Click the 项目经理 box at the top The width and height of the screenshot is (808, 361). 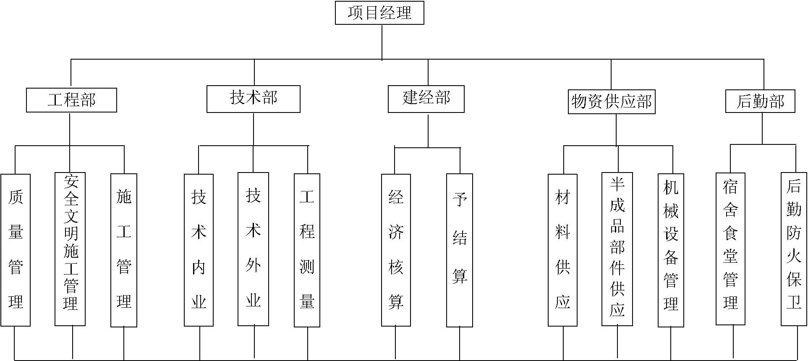tap(379, 13)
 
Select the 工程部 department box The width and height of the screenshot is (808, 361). tap(71, 100)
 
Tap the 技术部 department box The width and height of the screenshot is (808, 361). tap(254, 99)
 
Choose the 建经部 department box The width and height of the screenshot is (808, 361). tap(426, 99)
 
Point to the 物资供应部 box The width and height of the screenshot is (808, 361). tap(612, 102)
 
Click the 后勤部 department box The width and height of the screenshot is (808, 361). tap(760, 102)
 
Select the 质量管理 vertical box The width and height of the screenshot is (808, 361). tap(16, 250)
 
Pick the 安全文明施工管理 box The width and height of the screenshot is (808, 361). tap(70, 249)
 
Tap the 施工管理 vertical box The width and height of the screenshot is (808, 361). tap(124, 250)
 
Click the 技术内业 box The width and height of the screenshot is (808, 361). tap(199, 250)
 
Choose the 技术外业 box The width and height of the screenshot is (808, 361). tap(253, 249)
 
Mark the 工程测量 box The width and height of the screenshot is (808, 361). tap(307, 250)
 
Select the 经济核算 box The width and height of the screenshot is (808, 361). tap(396, 250)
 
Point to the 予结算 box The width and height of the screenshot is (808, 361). tap(460, 250)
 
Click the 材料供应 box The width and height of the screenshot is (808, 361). tap(562, 250)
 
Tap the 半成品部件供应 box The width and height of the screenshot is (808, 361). tap(617, 249)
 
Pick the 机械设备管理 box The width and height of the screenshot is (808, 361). tap(671, 250)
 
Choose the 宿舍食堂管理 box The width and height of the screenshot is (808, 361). tap(730, 249)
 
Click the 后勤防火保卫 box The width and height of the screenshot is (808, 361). tap(794, 249)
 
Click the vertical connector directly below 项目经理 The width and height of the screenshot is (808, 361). tap(382, 42)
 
